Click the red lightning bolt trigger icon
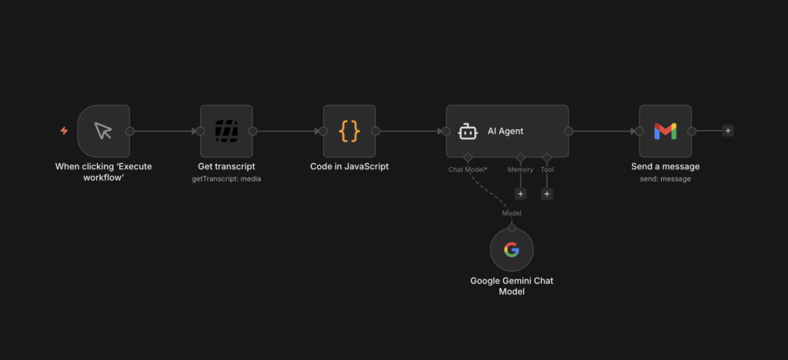point(64,131)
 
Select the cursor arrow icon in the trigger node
point(103,131)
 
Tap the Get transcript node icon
point(226,131)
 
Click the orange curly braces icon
point(349,131)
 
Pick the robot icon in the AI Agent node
point(467,132)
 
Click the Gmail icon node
point(665,131)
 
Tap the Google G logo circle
point(512,249)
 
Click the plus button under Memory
point(520,194)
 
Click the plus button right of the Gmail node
point(728,131)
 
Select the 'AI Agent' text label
point(505,132)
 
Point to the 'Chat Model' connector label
point(466,170)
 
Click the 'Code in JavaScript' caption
point(349,166)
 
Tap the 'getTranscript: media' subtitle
point(226,178)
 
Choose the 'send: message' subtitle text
point(665,178)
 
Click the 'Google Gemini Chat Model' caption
point(512,285)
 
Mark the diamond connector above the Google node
point(512,228)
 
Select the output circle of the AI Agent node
point(569,131)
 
